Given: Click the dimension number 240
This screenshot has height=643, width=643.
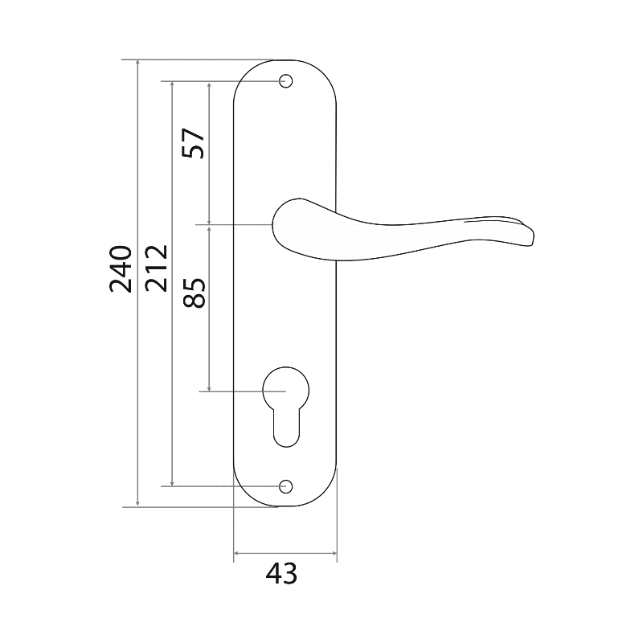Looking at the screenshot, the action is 121,269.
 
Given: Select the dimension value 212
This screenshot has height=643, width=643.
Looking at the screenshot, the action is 157,268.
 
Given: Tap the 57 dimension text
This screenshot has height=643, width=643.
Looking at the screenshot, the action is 194,143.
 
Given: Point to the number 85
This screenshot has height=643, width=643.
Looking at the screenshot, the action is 194,293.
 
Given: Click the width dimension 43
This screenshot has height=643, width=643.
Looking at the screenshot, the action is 281,573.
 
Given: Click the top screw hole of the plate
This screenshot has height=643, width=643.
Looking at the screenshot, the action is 286,81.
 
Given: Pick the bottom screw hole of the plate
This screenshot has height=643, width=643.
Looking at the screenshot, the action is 286,486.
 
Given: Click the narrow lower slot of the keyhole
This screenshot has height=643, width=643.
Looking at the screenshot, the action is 286,428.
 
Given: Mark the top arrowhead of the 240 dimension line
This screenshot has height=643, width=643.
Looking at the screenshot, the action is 137,63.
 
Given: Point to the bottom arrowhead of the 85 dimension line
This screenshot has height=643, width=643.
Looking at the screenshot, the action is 210,387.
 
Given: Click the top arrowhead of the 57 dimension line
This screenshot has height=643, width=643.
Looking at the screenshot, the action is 210,85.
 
